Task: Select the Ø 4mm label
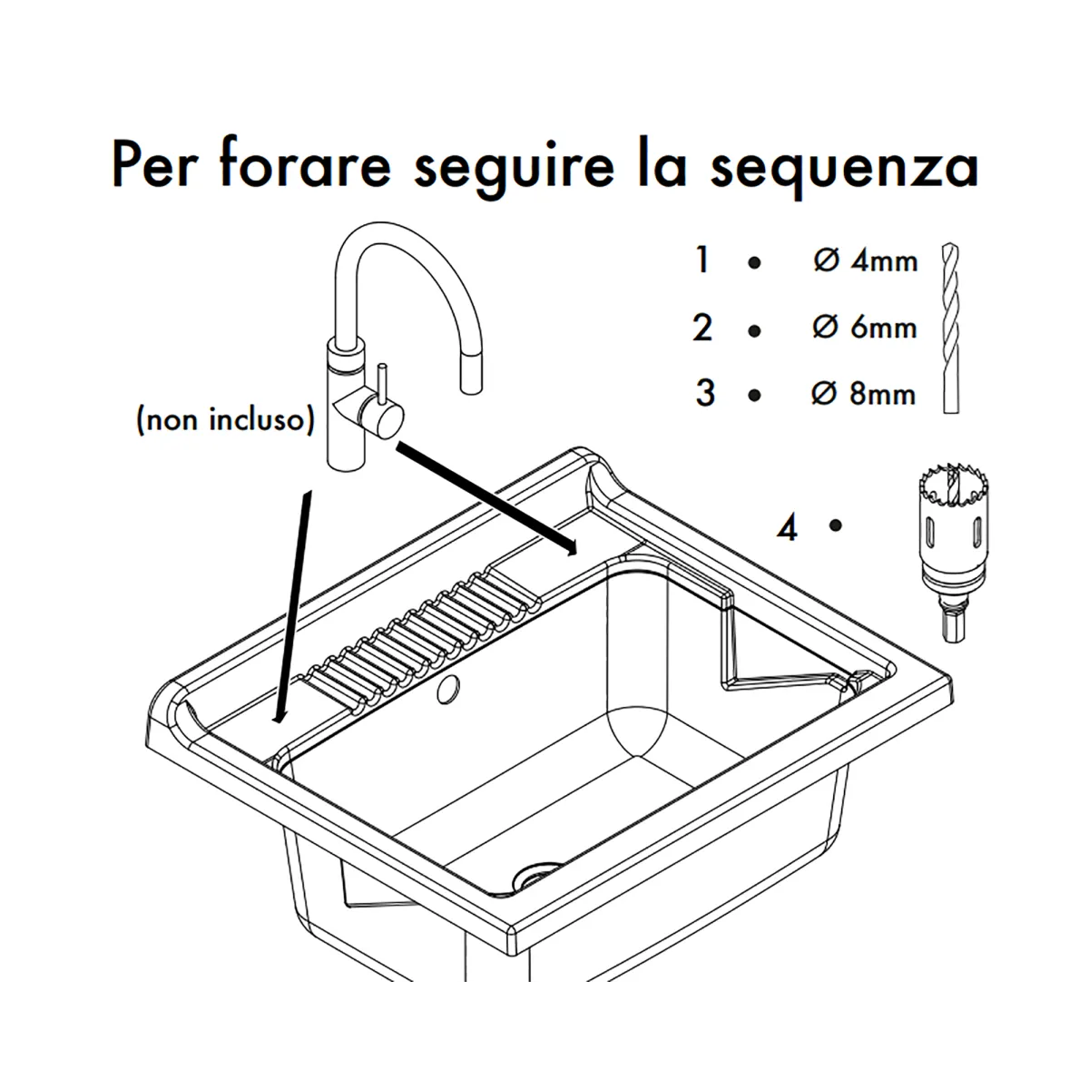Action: coord(865,261)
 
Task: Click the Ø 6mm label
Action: coord(865,328)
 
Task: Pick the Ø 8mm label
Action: coord(864,393)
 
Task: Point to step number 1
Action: coord(702,260)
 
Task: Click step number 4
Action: coord(787,529)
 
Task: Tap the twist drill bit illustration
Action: coord(950,329)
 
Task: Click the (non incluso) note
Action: coord(225,420)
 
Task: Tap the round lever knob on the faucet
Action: coord(388,418)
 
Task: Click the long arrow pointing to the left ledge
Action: coord(293,606)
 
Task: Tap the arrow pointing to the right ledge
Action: coord(486,498)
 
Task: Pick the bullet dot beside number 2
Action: coord(754,331)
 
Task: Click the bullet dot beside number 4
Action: coord(835,525)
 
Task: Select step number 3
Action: coord(705,393)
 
